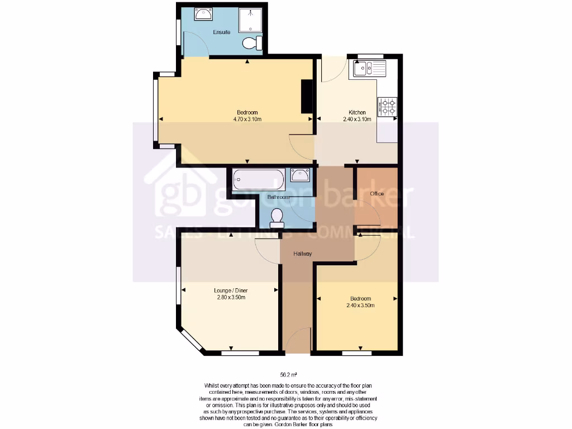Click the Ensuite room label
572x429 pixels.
point(222,32)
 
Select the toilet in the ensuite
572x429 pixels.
point(252,43)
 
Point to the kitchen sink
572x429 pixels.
point(364,69)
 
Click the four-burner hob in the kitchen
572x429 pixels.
point(388,107)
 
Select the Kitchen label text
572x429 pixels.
point(357,112)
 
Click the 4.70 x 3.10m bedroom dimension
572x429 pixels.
point(247,119)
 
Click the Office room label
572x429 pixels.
point(377,194)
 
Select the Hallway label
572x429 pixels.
point(303,254)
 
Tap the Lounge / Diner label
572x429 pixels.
point(231,290)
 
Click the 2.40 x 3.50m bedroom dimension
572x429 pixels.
point(360,306)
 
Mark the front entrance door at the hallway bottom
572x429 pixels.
point(298,342)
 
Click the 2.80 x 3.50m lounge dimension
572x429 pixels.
point(231,297)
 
